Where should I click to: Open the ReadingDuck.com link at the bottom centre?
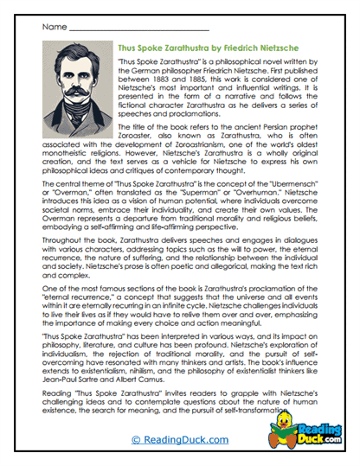point(180,440)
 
